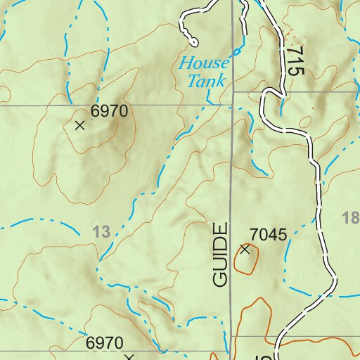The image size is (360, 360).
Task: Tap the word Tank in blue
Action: coord(206,80)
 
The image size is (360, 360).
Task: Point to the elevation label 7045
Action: coord(269,235)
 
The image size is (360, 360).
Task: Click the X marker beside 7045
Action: coord(245,249)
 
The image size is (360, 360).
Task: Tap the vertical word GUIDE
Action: coord(221,255)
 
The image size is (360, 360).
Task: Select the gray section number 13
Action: coord(102,231)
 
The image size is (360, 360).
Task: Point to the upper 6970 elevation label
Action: coord(108,111)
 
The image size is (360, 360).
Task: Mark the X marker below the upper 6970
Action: coord(79,125)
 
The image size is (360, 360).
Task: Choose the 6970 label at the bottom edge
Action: coord(104,343)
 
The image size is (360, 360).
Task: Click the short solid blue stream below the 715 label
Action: coord(283,105)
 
